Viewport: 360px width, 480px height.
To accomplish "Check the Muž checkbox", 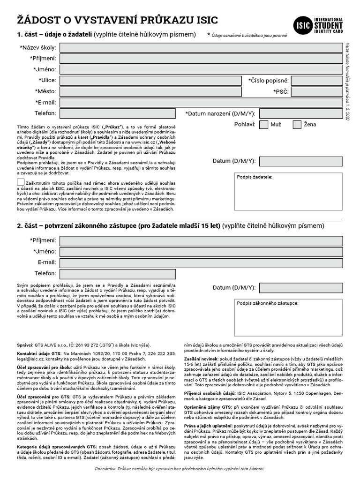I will click(263, 125).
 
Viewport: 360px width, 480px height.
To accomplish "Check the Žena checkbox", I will click(297, 125).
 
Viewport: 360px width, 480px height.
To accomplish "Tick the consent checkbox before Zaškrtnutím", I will click(21, 182).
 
